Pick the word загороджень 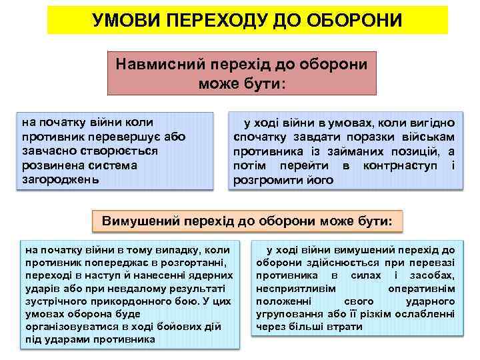59,179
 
